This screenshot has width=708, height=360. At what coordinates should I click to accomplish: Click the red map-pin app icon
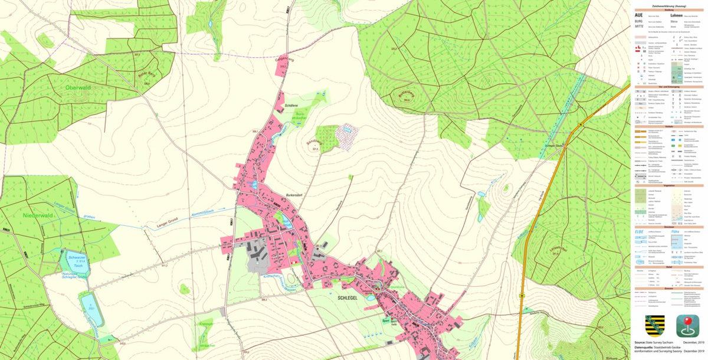pyautogui.click(x=687, y=326)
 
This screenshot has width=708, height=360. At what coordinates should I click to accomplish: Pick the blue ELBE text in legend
pyautogui.click(x=640, y=231)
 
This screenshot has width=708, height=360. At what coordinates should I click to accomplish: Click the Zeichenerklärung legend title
pyautogui.click(x=668, y=5)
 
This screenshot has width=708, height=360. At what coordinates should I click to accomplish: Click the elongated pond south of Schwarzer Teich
pyautogui.click(x=91, y=309)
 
